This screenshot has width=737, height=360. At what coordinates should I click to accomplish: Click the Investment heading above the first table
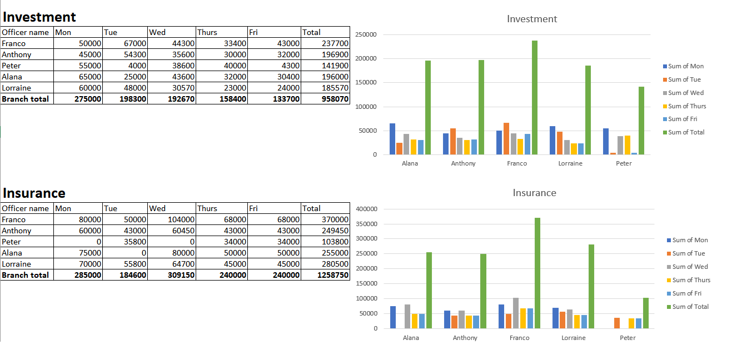(39, 17)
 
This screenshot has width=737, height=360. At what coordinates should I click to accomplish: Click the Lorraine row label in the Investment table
(17, 88)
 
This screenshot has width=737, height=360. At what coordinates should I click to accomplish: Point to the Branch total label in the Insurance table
(25, 275)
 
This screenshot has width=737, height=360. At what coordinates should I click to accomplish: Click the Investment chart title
(531, 19)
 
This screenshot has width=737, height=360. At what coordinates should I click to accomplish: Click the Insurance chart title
(534, 193)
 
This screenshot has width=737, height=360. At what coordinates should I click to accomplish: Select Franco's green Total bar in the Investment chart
(535, 97)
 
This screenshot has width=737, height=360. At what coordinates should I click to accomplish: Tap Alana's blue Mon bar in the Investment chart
(392, 139)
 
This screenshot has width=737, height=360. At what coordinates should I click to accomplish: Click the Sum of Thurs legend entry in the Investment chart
(686, 106)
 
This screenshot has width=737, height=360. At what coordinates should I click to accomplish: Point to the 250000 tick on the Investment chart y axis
(365, 34)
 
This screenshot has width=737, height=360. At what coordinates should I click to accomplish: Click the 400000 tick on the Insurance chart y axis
(366, 209)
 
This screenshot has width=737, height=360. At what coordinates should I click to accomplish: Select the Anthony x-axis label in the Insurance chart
(465, 338)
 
